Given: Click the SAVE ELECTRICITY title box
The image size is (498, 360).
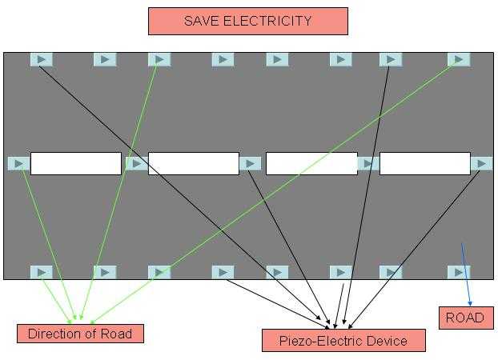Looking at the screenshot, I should [x=247, y=21].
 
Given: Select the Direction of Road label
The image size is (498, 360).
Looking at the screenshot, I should [x=80, y=334].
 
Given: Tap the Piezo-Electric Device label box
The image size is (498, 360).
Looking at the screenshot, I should [x=343, y=341].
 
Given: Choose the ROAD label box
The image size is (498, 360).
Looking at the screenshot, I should [x=465, y=318].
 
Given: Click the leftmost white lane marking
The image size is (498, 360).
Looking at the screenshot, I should [x=76, y=163].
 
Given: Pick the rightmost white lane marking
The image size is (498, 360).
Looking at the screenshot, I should [x=424, y=163].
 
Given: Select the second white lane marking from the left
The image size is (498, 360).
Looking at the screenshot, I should [x=193, y=163].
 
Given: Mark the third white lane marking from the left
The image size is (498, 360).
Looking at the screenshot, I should [x=311, y=163].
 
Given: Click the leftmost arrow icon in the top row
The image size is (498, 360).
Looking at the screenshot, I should [x=42, y=59].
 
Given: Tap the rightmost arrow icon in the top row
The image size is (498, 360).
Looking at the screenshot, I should [x=459, y=59].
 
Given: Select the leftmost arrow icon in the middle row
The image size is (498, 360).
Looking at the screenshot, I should [x=18, y=163].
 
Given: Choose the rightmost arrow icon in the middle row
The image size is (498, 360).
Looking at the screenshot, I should [x=481, y=163].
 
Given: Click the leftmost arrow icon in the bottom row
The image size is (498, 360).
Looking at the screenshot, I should [x=42, y=272].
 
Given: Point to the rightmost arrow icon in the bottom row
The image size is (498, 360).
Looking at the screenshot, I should [x=459, y=272].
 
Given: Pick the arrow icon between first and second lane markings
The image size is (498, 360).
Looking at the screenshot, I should [x=135, y=163].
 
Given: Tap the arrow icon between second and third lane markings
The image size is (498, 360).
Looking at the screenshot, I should [x=251, y=163].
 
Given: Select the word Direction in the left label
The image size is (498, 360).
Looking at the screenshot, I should [x=54, y=334].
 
